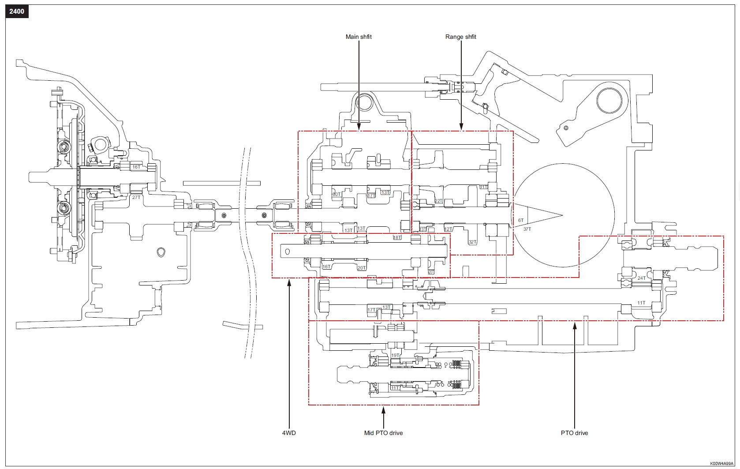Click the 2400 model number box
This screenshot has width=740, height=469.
[17, 11]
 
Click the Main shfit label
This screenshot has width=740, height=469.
[359, 37]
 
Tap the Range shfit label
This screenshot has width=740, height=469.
[460, 37]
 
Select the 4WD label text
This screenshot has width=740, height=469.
[289, 433]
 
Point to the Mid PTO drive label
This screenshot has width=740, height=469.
[383, 433]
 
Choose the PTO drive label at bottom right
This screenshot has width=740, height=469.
[574, 433]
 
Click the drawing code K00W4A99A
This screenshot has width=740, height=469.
[721, 464]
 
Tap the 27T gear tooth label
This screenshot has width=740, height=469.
[136, 197]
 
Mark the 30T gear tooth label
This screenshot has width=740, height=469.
[336, 194]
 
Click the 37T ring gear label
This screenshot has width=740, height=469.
[527, 229]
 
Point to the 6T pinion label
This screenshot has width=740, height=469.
[521, 220]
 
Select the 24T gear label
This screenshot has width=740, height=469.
[641, 278]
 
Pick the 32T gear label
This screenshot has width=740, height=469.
[472, 242]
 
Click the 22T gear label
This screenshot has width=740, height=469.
[438, 201]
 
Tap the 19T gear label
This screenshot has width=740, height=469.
[395, 355]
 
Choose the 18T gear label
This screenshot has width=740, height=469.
[397, 237]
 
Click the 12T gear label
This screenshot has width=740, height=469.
[448, 229]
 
